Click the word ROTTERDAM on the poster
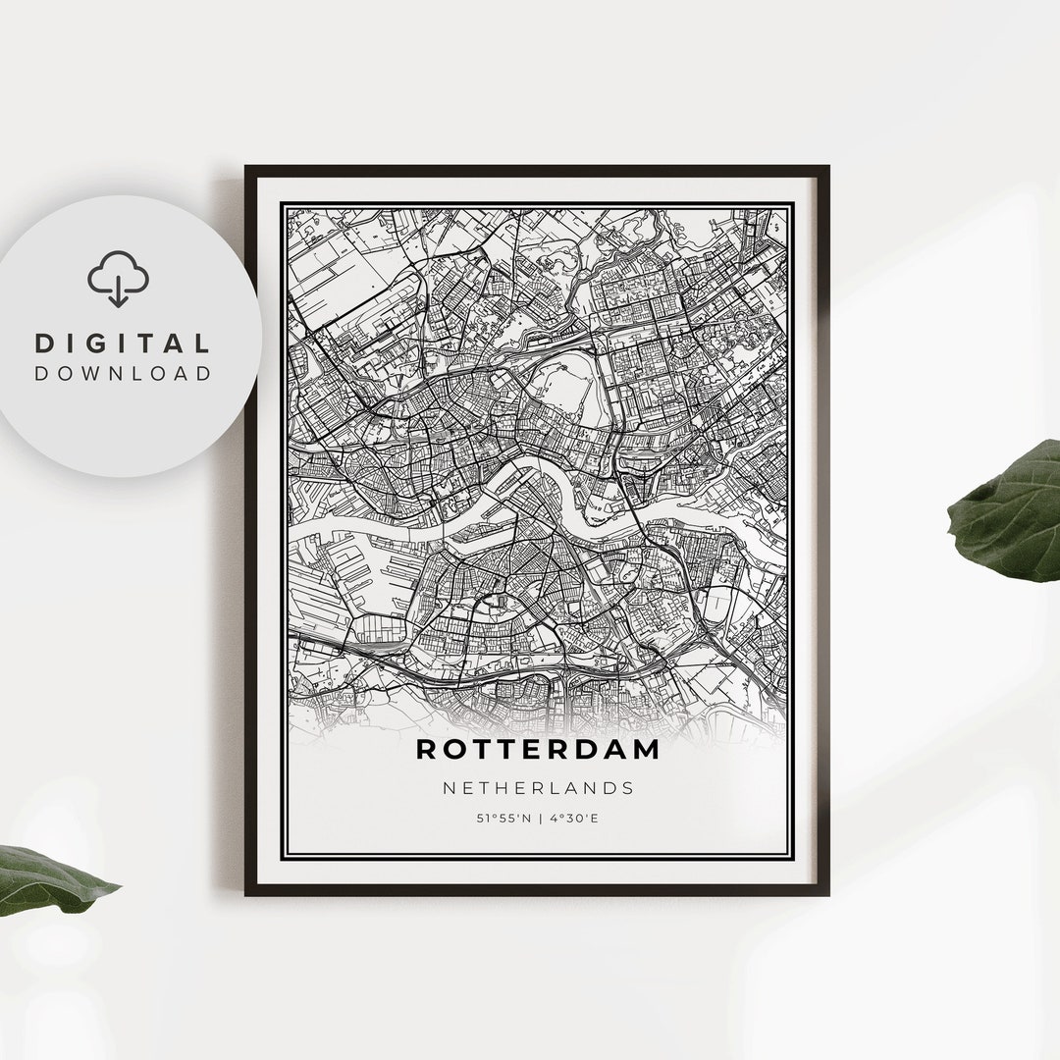pyautogui.click(x=538, y=749)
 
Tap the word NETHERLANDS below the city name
pyautogui.click(x=538, y=787)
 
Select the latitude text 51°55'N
pyautogui.click(x=501, y=818)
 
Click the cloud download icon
pyautogui.click(x=119, y=280)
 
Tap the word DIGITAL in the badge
pyautogui.click(x=123, y=344)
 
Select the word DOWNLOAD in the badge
pyautogui.click(x=123, y=373)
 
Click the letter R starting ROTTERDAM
pyautogui.click(x=426, y=749)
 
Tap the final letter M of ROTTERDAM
pyautogui.click(x=647, y=749)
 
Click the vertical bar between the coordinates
pyautogui.click(x=539, y=818)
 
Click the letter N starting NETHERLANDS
pyautogui.click(x=449, y=787)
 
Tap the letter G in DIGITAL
pyautogui.click(x=109, y=344)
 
